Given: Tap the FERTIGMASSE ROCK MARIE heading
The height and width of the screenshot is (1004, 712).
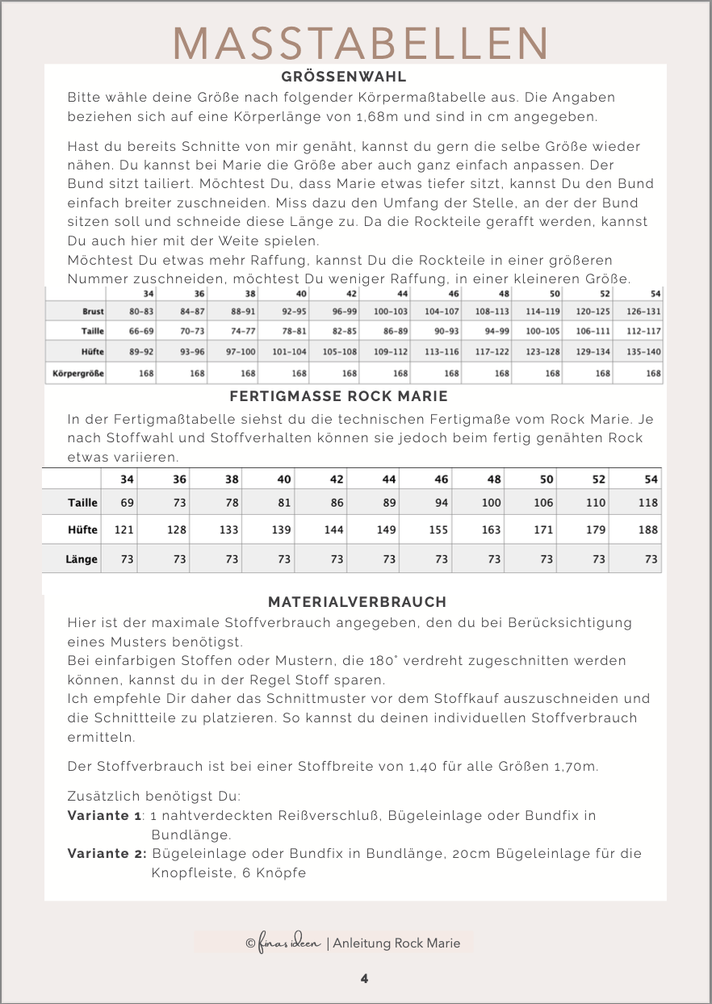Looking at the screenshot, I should [338, 396].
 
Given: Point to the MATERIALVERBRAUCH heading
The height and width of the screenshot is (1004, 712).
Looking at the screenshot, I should [357, 602].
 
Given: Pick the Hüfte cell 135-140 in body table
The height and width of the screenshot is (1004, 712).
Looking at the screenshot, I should [643, 351].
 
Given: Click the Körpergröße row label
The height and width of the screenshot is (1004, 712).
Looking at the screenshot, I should [78, 374].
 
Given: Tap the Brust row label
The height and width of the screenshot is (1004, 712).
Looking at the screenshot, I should [93, 311].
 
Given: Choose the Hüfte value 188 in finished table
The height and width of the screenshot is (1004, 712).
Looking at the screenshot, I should [647, 530].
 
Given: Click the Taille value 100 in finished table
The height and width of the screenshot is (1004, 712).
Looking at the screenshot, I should [491, 502].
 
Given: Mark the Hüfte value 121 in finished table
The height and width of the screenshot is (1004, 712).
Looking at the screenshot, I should [124, 530].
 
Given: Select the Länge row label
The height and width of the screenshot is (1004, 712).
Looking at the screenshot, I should [82, 558].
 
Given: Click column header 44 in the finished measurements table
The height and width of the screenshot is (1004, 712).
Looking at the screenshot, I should [388, 479].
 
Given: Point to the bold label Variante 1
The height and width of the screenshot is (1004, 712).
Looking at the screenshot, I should [104, 815].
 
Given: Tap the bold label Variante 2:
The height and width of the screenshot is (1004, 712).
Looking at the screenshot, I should [107, 854].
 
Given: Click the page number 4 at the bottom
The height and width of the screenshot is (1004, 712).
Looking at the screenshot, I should [365, 978].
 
